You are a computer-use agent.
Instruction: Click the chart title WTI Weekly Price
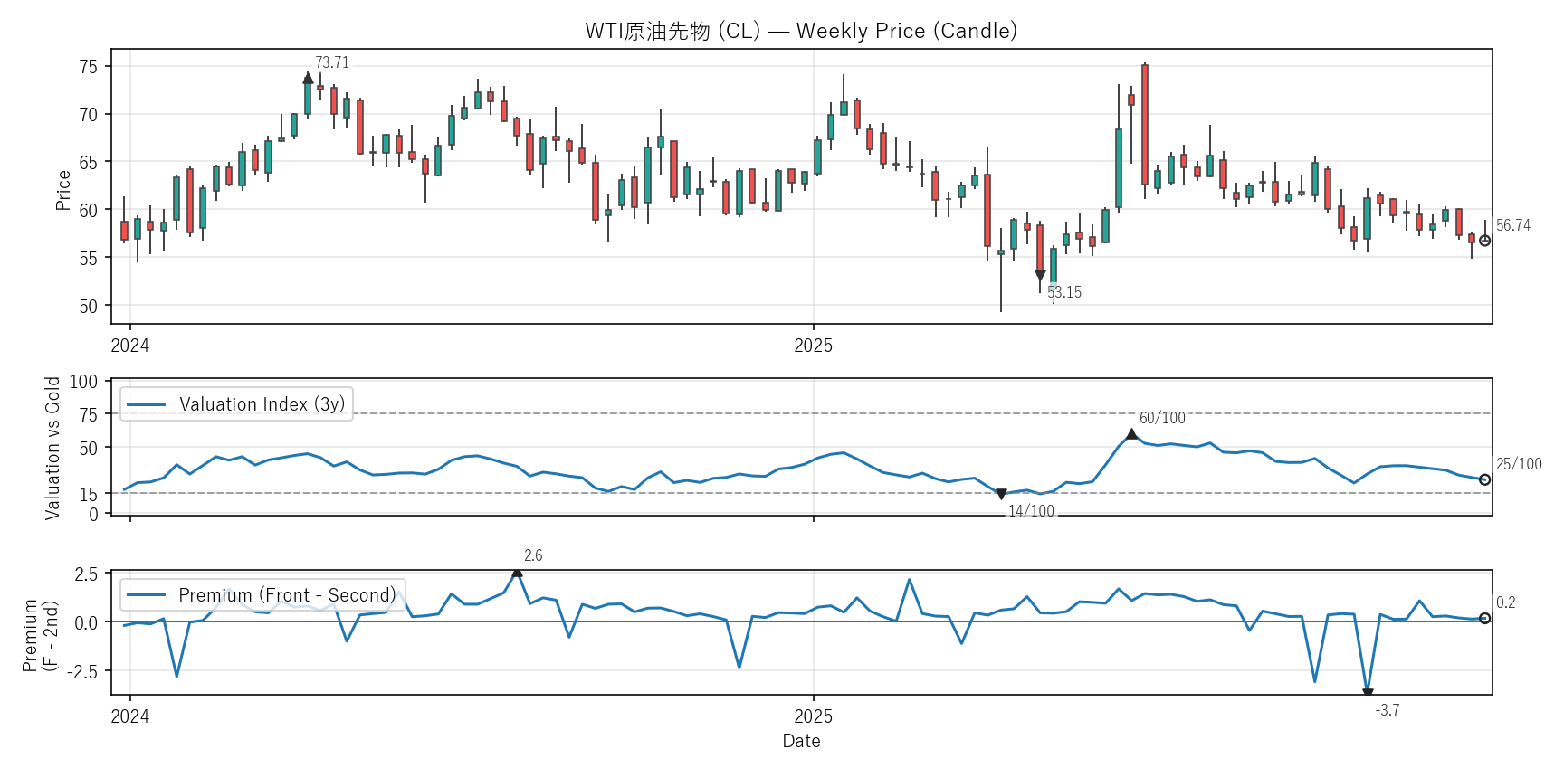[801, 31]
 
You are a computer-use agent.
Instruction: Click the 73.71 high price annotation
[331, 62]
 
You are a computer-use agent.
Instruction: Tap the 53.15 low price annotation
[1064, 292]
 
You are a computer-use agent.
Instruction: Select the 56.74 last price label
[1512, 225]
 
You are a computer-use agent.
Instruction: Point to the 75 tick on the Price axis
[89, 67]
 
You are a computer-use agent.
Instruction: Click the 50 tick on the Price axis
[89, 306]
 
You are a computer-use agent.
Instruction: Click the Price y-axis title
[63, 190]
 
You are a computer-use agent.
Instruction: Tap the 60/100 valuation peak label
[1161, 418]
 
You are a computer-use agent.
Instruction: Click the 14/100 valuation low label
[1031, 511]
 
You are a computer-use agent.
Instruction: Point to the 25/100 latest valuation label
[1518, 464]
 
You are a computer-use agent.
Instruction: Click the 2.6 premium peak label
[533, 555]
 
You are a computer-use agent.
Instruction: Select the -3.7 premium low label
[1387, 710]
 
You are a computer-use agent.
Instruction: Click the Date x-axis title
[801, 741]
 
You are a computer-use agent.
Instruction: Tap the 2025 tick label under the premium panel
[813, 716]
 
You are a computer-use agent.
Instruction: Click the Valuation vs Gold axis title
[52, 448]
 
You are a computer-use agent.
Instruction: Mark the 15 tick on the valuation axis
[89, 494]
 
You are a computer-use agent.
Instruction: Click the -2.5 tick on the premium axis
[86, 671]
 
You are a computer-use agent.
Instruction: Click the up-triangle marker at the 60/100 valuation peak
[1131, 434]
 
